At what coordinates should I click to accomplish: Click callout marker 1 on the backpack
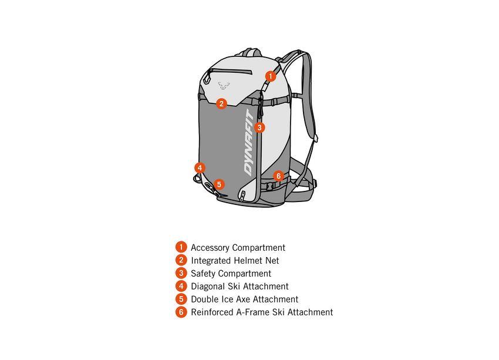tap(271, 76)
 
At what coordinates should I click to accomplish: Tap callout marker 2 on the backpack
tap(221, 103)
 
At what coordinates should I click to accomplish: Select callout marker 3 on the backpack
tap(259, 127)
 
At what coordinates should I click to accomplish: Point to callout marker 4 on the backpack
tap(200, 168)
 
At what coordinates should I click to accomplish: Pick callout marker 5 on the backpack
tap(219, 184)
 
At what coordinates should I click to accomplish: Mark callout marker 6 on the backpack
tap(278, 176)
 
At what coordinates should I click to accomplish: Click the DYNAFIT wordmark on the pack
tap(249, 143)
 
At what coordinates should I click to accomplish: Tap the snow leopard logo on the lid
tap(224, 86)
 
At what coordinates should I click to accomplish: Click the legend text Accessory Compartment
tap(238, 248)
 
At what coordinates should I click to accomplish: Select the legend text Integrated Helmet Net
tap(235, 261)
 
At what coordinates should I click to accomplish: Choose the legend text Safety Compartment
tap(231, 274)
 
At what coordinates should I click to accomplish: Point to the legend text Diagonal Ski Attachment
tap(240, 287)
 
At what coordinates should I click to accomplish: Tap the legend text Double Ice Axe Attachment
tap(245, 299)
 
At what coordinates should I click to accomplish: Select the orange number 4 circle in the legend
tap(181, 286)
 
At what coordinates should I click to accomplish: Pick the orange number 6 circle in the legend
tap(181, 312)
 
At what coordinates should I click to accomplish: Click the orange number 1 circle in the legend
tap(181, 247)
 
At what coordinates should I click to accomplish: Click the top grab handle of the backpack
tap(251, 52)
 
